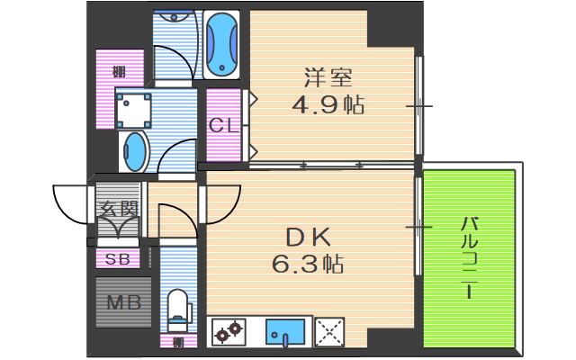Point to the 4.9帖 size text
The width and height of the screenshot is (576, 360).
point(327,105)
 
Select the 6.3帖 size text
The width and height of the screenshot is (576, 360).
point(308,265)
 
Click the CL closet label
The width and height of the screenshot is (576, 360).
point(223,126)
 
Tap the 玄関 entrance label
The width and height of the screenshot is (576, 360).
point(119,212)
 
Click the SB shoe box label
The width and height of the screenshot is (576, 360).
point(118,260)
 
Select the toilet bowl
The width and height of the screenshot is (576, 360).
point(178,306)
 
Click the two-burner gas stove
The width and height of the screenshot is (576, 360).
point(229,333)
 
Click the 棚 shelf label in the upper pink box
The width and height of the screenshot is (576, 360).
point(118,71)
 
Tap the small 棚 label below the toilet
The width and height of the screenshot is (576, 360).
point(178,342)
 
